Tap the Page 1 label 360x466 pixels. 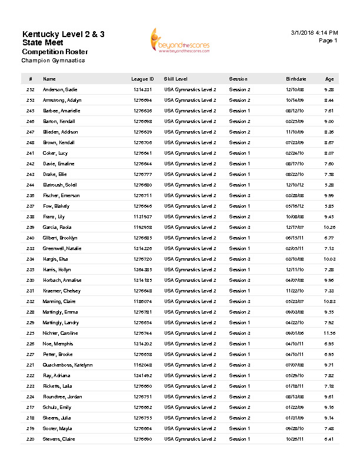[x=328, y=41]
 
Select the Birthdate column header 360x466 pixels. [x=296, y=79]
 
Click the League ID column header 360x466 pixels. [x=142, y=79]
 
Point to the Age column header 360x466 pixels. [x=329, y=79]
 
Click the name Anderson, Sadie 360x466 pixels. [x=60, y=89]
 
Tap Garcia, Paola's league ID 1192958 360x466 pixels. [x=142, y=227]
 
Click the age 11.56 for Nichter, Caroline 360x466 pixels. [x=329, y=333]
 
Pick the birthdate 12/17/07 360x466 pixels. [x=295, y=227]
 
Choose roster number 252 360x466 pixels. [x=31, y=89]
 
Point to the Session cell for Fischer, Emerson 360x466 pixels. [x=239, y=195]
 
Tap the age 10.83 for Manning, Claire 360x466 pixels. [x=329, y=301]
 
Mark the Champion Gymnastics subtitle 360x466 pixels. [x=54, y=60]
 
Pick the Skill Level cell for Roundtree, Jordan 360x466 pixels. [x=190, y=397]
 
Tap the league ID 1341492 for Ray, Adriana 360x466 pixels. [x=142, y=375]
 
